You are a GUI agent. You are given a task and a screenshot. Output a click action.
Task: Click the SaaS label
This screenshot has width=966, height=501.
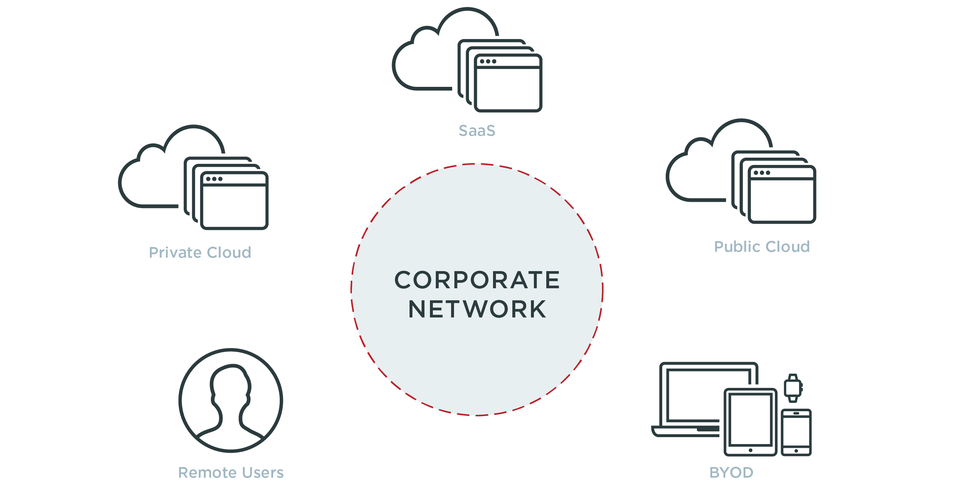point(477,131)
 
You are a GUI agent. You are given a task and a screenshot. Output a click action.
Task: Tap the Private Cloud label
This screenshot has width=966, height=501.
point(200,253)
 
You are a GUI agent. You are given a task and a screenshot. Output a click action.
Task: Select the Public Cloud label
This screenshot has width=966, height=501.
point(762,247)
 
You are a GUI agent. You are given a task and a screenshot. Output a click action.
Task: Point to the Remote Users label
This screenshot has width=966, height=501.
point(230,473)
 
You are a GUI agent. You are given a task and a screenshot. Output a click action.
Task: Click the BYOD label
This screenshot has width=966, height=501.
point(731,473)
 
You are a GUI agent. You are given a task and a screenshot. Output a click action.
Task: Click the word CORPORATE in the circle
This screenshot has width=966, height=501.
point(477,280)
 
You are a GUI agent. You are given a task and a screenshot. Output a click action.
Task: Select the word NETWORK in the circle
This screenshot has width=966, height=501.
point(477,309)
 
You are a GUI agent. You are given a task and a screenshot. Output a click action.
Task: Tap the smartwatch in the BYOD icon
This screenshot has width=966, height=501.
point(793,388)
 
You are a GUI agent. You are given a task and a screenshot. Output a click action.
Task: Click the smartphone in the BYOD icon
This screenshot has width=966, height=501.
point(796,432)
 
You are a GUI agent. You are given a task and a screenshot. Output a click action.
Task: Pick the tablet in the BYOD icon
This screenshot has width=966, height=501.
point(750,422)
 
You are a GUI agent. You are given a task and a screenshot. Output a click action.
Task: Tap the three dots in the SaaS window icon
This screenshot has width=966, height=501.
point(488,61)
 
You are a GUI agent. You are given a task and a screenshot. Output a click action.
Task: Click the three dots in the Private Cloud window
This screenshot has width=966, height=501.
point(214,179)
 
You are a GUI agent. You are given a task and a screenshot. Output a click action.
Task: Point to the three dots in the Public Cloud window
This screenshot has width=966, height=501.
point(762,173)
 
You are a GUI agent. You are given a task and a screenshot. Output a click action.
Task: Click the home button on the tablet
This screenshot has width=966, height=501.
point(750,450)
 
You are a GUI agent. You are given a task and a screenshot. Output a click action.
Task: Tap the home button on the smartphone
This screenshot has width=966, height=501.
point(796,451)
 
